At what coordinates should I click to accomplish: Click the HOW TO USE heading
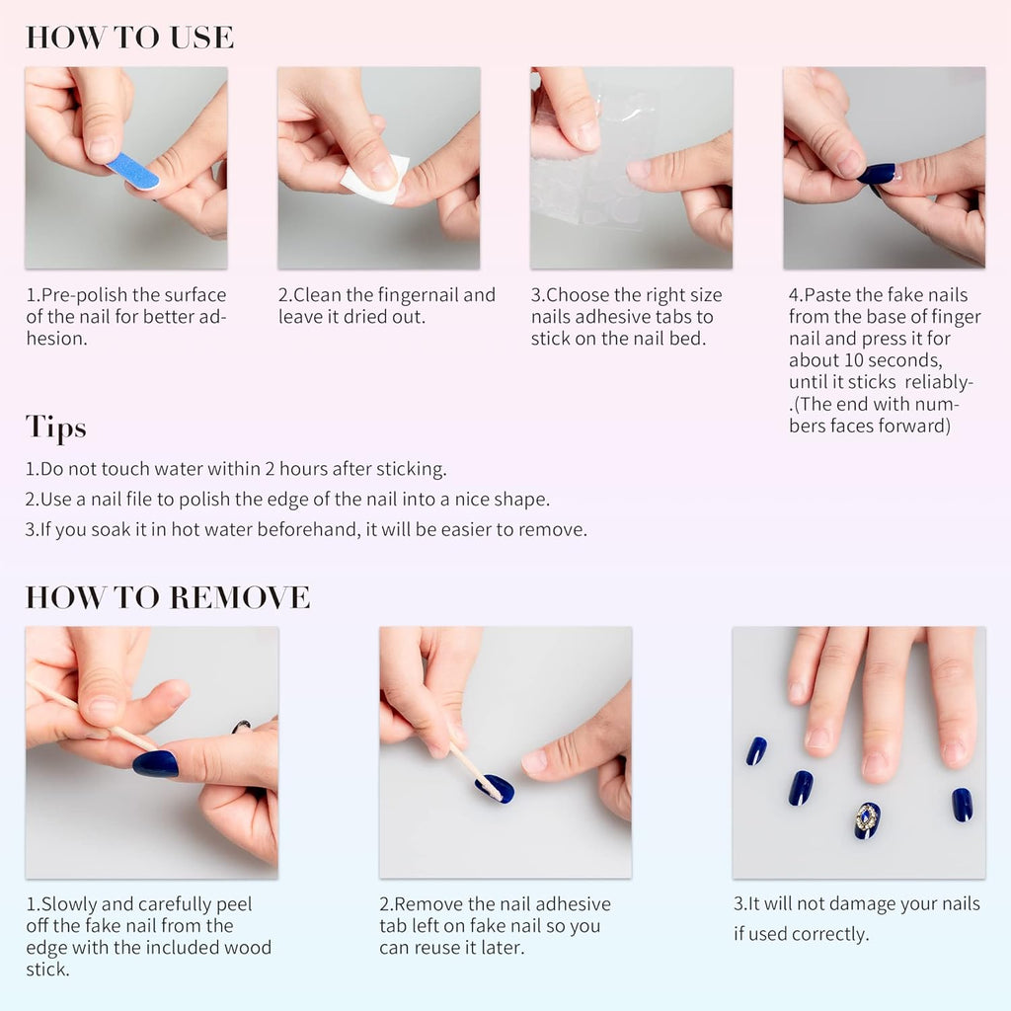click(129, 38)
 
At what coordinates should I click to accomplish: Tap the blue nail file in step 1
click(132, 171)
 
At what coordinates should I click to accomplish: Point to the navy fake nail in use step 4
click(876, 174)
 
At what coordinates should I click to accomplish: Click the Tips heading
click(55, 428)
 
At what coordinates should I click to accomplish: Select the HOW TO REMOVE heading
click(167, 597)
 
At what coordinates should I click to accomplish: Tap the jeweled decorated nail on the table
click(867, 819)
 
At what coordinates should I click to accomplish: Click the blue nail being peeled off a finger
click(155, 763)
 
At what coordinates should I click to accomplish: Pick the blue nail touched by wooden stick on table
click(496, 788)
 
